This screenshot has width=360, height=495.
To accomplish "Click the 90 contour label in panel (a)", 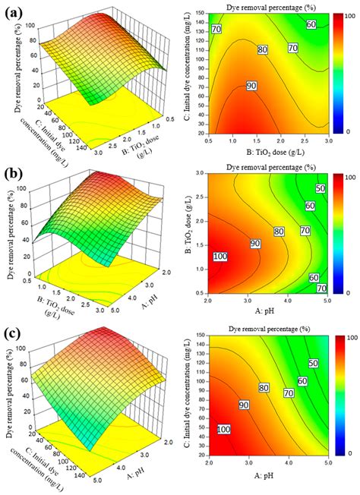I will (x=251, y=87).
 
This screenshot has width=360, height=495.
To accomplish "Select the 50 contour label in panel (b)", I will (x=320, y=188).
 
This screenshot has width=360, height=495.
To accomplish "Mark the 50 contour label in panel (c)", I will (x=314, y=364).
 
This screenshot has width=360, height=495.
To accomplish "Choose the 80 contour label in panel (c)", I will (x=264, y=387).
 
